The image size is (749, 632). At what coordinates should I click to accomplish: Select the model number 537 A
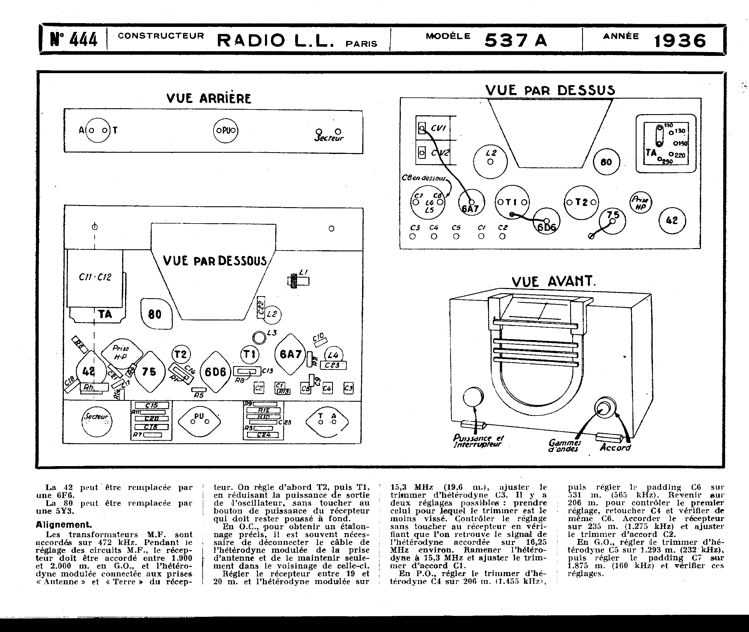516,40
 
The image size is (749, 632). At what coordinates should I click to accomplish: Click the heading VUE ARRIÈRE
209,98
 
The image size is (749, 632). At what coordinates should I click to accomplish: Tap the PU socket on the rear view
225,130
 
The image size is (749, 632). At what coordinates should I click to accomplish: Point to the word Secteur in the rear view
329,138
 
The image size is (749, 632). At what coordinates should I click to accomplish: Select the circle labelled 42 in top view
672,220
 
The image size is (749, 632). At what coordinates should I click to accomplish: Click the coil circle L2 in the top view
490,161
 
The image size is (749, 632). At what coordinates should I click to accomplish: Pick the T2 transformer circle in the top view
581,202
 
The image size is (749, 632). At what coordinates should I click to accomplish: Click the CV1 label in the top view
438,128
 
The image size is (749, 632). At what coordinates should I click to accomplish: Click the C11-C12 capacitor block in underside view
95,277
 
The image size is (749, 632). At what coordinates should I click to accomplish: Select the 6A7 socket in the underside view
290,354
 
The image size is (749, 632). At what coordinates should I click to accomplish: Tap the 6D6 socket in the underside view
215,372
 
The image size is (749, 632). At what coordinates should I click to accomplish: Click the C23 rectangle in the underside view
333,365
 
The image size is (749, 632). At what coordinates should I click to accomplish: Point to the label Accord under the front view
615,447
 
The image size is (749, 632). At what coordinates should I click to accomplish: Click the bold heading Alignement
64,525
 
